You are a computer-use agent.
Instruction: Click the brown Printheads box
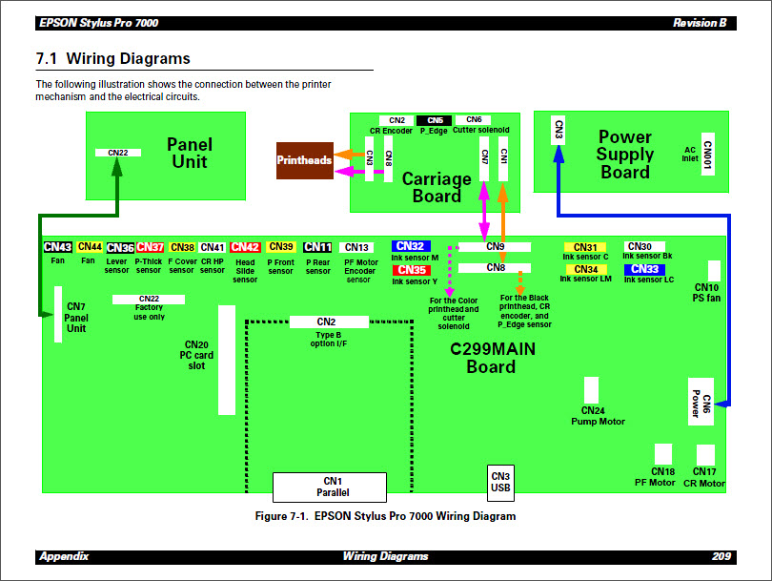point(304,160)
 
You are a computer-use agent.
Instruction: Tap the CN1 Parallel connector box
point(330,487)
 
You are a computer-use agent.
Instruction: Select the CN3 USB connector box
point(500,481)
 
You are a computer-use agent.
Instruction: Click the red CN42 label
point(245,247)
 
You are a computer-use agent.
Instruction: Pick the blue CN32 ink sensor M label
point(412,246)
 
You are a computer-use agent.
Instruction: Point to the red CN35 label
point(412,270)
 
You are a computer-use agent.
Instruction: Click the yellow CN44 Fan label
point(91,247)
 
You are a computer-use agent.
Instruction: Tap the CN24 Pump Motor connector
point(591,390)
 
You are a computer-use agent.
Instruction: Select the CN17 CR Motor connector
point(705,455)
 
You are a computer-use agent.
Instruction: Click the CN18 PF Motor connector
point(663,455)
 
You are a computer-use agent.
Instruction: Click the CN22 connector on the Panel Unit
point(118,152)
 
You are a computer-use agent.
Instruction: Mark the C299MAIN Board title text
point(492,358)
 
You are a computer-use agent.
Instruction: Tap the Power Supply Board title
point(625,155)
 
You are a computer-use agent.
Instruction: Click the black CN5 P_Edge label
point(435,120)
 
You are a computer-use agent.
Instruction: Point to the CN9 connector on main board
point(495,246)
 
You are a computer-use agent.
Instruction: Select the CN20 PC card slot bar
point(226,360)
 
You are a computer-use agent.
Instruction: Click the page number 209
point(721,556)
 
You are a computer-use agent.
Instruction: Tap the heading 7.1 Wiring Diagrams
point(113,59)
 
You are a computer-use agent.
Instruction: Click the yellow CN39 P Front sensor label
point(281,247)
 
